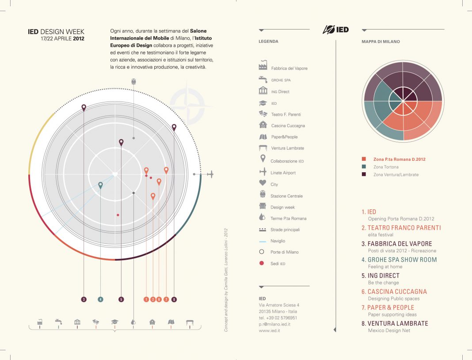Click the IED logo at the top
click(335, 30)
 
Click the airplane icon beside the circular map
click(210, 174)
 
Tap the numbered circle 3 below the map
click(84, 299)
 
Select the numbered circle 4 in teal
click(100, 299)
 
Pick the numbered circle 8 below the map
click(174, 299)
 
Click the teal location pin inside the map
click(100, 185)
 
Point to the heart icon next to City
click(263, 182)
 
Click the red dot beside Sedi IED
click(262, 263)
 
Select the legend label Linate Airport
click(283, 173)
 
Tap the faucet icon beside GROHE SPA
click(263, 79)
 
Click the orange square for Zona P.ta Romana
click(364, 159)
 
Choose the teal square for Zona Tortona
click(364, 167)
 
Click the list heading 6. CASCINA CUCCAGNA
click(394, 292)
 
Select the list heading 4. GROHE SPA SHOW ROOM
click(399, 260)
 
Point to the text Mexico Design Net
click(389, 330)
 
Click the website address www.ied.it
click(270, 330)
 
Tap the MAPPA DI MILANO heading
click(381, 42)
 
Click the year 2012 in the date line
click(79, 38)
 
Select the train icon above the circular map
click(133, 81)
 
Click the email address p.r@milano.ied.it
click(274, 324)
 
